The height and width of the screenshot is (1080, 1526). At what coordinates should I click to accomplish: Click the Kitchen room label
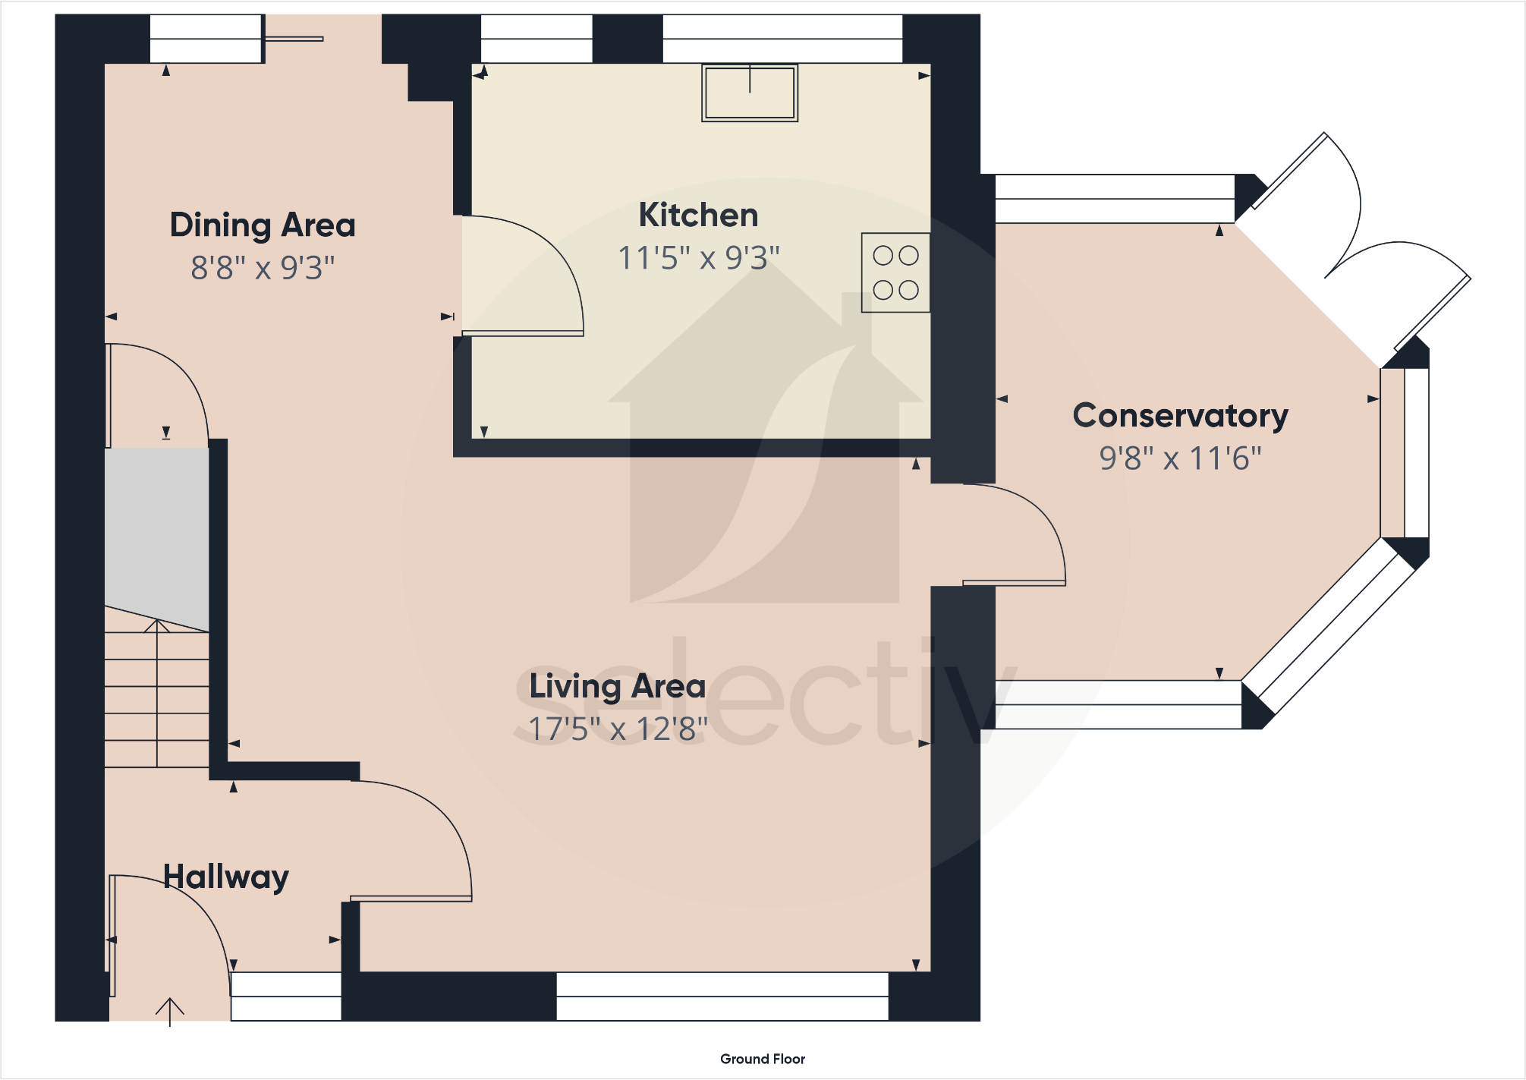[x=698, y=215]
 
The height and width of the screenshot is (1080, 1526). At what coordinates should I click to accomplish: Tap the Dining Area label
[x=263, y=225]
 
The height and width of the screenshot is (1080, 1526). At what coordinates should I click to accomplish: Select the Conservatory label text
[x=1180, y=416]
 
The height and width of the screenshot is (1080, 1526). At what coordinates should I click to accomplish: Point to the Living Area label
[x=617, y=687]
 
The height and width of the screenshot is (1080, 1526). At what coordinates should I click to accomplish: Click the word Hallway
[x=226, y=877]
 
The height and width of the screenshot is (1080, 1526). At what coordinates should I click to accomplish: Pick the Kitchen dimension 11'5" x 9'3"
[x=699, y=258]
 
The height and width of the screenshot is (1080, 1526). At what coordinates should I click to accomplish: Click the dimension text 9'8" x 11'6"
[x=1180, y=458]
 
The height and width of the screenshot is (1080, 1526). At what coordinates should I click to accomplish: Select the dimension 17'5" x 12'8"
[x=618, y=729]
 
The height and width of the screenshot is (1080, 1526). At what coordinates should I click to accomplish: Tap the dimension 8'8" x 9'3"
[x=263, y=268]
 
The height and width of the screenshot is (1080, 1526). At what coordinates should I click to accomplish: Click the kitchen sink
[x=750, y=93]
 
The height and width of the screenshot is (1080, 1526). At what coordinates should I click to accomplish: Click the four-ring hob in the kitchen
[x=895, y=272]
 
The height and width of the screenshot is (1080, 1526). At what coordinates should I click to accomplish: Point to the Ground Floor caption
[x=763, y=1059]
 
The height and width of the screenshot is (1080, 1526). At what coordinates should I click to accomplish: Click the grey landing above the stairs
[x=156, y=539]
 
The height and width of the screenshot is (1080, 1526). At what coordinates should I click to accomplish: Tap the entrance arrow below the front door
[x=170, y=1012]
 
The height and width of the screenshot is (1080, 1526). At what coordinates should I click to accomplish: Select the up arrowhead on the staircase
[x=157, y=626]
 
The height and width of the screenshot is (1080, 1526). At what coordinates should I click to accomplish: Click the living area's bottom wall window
[x=722, y=997]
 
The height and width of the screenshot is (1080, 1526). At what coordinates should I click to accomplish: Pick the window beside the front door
[x=286, y=997]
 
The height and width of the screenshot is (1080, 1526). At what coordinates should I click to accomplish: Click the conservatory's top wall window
[x=1115, y=199]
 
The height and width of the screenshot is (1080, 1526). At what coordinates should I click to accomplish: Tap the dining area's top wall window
[x=206, y=39]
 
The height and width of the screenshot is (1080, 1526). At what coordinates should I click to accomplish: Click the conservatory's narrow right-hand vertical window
[x=1405, y=453]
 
